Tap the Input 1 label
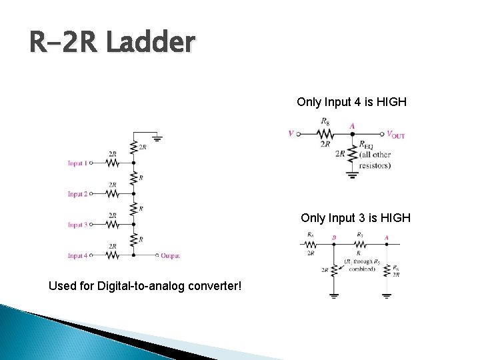[77, 163]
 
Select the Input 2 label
[77, 194]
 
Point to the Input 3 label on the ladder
[77, 225]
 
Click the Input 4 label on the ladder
[77, 255]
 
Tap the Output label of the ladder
[170, 255]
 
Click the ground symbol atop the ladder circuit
[157, 139]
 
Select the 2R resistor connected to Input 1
[113, 163]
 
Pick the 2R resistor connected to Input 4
[113, 255]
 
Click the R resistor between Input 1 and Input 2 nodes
[134, 178]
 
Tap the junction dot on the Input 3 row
[134, 224]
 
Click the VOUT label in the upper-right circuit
[395, 135]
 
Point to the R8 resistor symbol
[325, 133]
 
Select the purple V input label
[291, 134]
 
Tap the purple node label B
[333, 237]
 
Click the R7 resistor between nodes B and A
[360, 243]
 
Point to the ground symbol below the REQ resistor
[352, 176]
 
